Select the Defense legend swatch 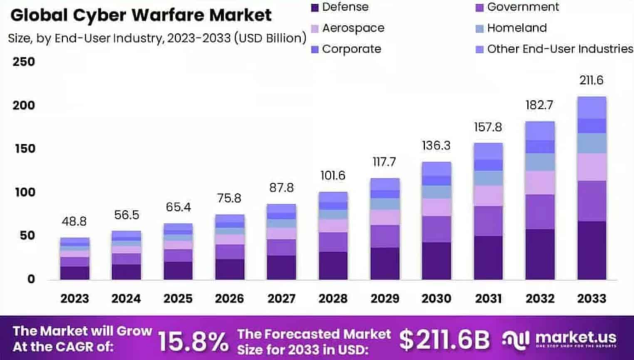315,7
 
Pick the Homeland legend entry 516,28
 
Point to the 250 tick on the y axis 22,62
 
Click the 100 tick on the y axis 22,193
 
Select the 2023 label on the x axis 74,299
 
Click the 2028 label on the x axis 332,299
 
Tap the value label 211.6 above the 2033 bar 591,81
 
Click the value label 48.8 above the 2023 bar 74,222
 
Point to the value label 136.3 436,146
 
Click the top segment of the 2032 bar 540,130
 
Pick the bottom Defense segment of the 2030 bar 436,260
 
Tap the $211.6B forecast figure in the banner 444,340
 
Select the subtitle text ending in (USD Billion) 157,38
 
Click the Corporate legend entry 351,49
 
